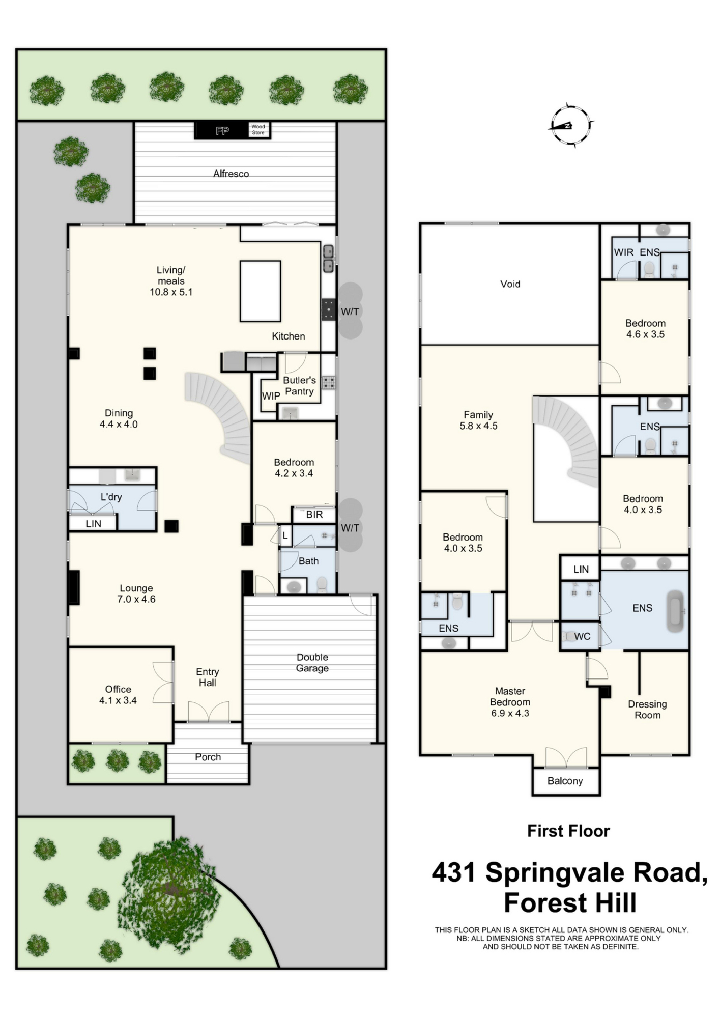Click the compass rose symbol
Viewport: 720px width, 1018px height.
pyautogui.click(x=570, y=125)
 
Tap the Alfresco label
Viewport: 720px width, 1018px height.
pyautogui.click(x=231, y=174)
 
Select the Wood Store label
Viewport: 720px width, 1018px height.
pyautogui.click(x=258, y=129)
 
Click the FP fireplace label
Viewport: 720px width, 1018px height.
pyautogui.click(x=222, y=131)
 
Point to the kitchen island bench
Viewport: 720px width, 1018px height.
pyautogui.click(x=260, y=291)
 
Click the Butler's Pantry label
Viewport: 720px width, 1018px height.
pyautogui.click(x=299, y=386)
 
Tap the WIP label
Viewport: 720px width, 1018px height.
pyautogui.click(x=271, y=396)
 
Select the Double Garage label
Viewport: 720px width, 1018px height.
pyautogui.click(x=312, y=663)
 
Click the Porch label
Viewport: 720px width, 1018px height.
pyautogui.click(x=208, y=757)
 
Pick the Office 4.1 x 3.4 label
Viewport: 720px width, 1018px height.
pyautogui.click(x=118, y=695)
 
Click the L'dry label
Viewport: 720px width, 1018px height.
pyautogui.click(x=111, y=497)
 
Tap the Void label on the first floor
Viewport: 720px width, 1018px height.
pyautogui.click(x=510, y=284)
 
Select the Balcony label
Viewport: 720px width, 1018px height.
pyautogui.click(x=565, y=781)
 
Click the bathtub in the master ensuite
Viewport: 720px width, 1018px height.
pyautogui.click(x=676, y=611)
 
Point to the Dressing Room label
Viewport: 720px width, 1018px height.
pyautogui.click(x=647, y=710)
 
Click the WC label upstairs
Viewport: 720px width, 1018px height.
pyautogui.click(x=582, y=636)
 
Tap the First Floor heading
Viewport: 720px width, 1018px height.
pyautogui.click(x=568, y=831)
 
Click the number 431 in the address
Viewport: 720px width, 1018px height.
pyautogui.click(x=454, y=872)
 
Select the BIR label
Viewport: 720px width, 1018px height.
pyautogui.click(x=314, y=515)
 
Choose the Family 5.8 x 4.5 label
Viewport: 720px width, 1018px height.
pyautogui.click(x=478, y=420)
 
